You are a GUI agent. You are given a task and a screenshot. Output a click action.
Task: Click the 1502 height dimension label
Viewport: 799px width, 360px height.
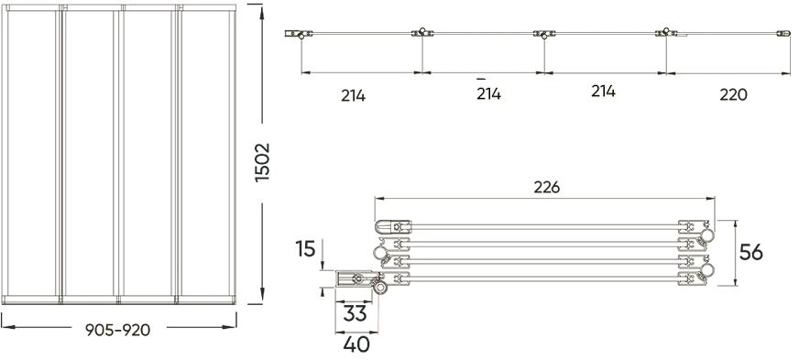(262, 162)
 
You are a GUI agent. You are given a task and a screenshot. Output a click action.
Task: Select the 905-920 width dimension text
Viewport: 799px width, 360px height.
(117, 331)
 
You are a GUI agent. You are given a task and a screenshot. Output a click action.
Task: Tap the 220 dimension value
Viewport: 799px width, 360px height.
(733, 94)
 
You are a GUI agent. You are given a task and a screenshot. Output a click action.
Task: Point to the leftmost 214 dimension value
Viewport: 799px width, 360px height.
(353, 96)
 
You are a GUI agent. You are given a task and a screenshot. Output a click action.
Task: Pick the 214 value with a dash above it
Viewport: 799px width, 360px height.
(488, 93)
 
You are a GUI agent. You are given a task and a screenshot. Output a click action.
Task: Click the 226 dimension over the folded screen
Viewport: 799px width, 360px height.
(547, 188)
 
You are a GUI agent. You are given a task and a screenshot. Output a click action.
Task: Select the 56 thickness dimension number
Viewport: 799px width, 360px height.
(751, 252)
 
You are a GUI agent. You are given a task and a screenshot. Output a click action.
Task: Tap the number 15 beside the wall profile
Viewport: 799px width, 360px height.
(305, 249)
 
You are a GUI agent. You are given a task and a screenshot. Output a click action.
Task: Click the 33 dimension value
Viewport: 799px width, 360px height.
(355, 313)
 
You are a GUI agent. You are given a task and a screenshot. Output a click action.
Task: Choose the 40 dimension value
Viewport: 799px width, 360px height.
(356, 344)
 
